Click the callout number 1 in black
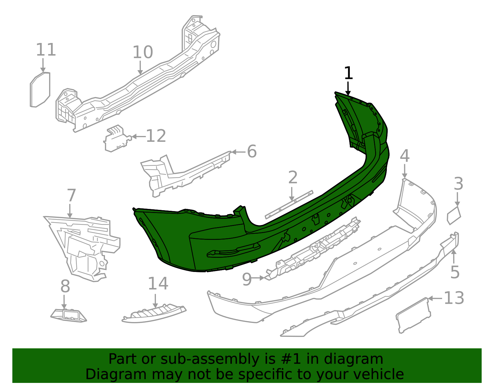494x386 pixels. pos(348,74)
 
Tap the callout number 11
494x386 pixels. pos(46,50)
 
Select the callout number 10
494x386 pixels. pos(143,52)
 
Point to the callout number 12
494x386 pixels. pos(156,136)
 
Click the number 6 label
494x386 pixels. pos(252,151)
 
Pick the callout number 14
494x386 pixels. pos(158,284)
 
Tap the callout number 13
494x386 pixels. pos(454,298)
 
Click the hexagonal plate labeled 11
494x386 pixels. pos(40,90)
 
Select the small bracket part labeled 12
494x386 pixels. pos(116,139)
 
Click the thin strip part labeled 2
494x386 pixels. pos(289,205)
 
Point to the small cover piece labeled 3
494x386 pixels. pos(454,215)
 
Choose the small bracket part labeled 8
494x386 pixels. pos(69,315)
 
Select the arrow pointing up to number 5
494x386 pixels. pos(454,256)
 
